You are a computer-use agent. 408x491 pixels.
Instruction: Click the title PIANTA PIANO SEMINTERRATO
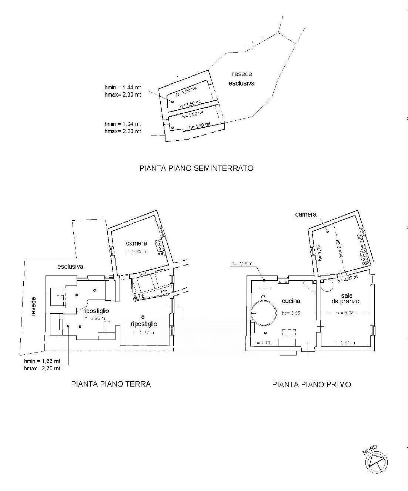click(196, 168)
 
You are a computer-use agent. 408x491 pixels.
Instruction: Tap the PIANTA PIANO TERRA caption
click(111, 384)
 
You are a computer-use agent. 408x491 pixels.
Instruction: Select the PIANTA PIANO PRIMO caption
click(311, 384)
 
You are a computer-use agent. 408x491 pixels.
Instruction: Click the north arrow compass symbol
click(376, 462)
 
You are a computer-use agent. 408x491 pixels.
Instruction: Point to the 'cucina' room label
click(290, 301)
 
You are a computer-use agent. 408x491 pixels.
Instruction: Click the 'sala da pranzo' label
click(345, 298)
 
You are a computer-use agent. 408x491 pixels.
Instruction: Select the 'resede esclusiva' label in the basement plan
click(241, 79)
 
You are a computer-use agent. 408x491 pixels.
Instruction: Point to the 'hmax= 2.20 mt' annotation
click(123, 131)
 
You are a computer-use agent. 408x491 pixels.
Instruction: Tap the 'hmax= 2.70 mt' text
click(41, 368)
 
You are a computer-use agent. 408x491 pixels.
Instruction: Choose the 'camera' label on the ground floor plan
click(136, 243)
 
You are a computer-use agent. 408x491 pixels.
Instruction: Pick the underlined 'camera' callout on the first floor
click(306, 214)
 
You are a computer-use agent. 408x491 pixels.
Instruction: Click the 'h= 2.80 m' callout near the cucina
click(241, 264)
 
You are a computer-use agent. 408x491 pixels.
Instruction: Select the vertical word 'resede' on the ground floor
click(34, 306)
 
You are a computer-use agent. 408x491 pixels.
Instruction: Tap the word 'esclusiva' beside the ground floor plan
click(70, 266)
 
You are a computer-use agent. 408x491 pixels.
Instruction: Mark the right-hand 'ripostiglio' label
click(144, 324)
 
